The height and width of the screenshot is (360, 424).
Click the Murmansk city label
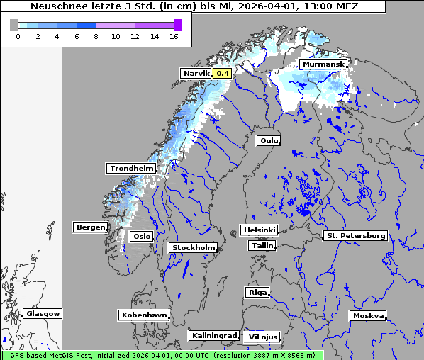(323, 64)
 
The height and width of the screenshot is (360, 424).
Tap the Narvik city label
(196, 73)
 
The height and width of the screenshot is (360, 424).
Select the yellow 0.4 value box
(223, 73)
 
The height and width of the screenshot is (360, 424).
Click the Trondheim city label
(131, 169)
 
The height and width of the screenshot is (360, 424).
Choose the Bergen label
(89, 227)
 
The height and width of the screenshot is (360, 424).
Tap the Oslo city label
(141, 237)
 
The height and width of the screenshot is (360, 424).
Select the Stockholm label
(194, 248)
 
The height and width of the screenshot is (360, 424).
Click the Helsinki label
(259, 230)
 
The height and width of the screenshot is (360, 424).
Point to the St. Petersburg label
(355, 235)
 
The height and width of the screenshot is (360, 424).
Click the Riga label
(257, 292)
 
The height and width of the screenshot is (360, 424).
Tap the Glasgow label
(43, 313)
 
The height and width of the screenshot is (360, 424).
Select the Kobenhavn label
(144, 315)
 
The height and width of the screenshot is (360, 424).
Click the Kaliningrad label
(213, 335)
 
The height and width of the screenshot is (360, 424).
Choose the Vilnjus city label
(262, 337)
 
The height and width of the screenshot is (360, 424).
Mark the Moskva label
(368, 315)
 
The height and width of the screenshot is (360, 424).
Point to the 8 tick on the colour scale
(96, 36)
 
